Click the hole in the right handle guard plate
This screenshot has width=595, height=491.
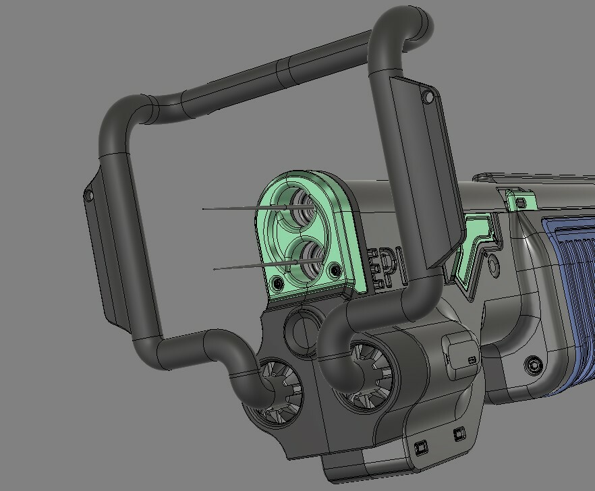(x=428, y=98)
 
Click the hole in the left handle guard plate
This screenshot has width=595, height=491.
(x=88, y=196)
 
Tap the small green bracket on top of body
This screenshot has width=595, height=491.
(x=519, y=200)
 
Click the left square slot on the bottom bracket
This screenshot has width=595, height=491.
(x=421, y=446)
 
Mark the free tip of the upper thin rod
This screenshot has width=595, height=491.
(x=204, y=209)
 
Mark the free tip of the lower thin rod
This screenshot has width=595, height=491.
(x=215, y=269)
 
